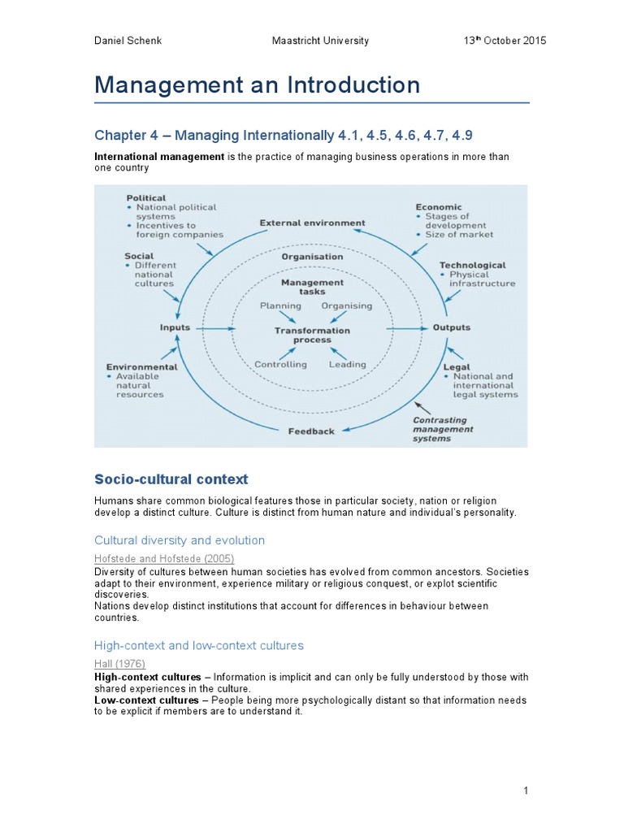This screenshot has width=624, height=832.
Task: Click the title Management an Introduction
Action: pyautogui.click(x=258, y=84)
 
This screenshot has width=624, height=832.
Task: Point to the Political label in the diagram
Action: pyautogui.click(x=146, y=197)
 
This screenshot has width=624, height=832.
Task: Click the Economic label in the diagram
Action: pyautogui.click(x=439, y=207)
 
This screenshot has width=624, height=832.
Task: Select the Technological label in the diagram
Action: pyautogui.click(x=472, y=265)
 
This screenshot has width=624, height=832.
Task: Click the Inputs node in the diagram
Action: pyautogui.click(x=175, y=327)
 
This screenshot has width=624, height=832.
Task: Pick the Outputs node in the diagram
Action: pyautogui.click(x=450, y=327)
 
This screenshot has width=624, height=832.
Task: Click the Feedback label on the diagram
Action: pyautogui.click(x=311, y=431)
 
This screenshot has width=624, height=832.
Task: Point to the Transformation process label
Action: pyautogui.click(x=312, y=335)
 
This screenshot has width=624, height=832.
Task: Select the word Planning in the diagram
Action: pyautogui.click(x=280, y=305)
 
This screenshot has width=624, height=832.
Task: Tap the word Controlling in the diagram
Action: pyautogui.click(x=281, y=364)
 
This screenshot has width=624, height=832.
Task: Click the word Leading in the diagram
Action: pyautogui.click(x=347, y=364)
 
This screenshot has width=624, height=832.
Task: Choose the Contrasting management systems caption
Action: pyautogui.click(x=443, y=428)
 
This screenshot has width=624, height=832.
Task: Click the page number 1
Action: pyautogui.click(x=526, y=790)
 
